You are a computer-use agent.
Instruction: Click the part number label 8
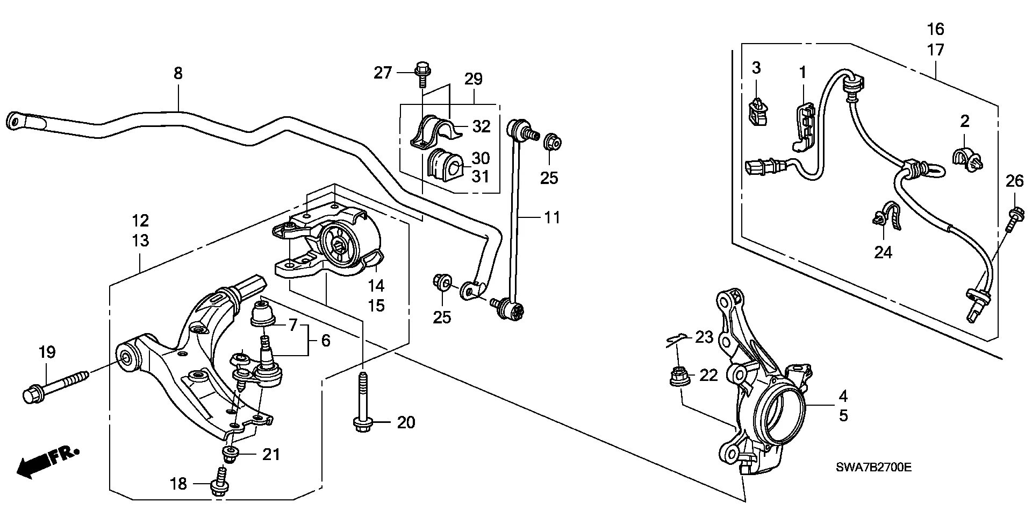(x=178, y=73)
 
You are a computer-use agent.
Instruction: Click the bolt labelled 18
(x=220, y=481)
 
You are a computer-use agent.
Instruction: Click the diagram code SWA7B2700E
(x=874, y=468)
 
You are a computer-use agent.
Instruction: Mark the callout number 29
(x=474, y=79)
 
